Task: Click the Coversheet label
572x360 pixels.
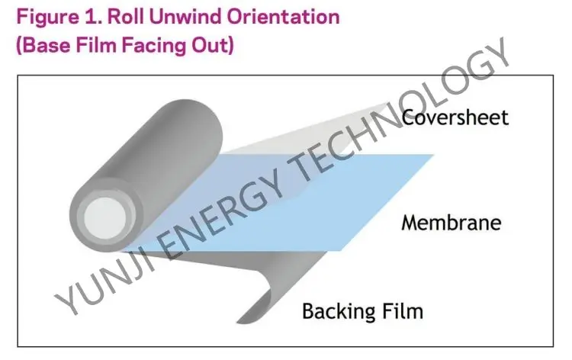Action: pos(455,117)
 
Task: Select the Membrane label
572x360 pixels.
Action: pos(451,223)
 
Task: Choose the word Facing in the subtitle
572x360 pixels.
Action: pos(150,43)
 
